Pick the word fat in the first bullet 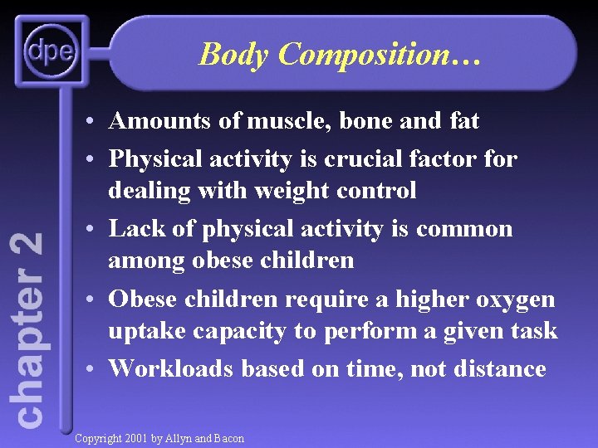[463, 121]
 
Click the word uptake [147, 331]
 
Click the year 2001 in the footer [138, 438]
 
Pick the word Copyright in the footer [98, 438]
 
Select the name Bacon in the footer [228, 438]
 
